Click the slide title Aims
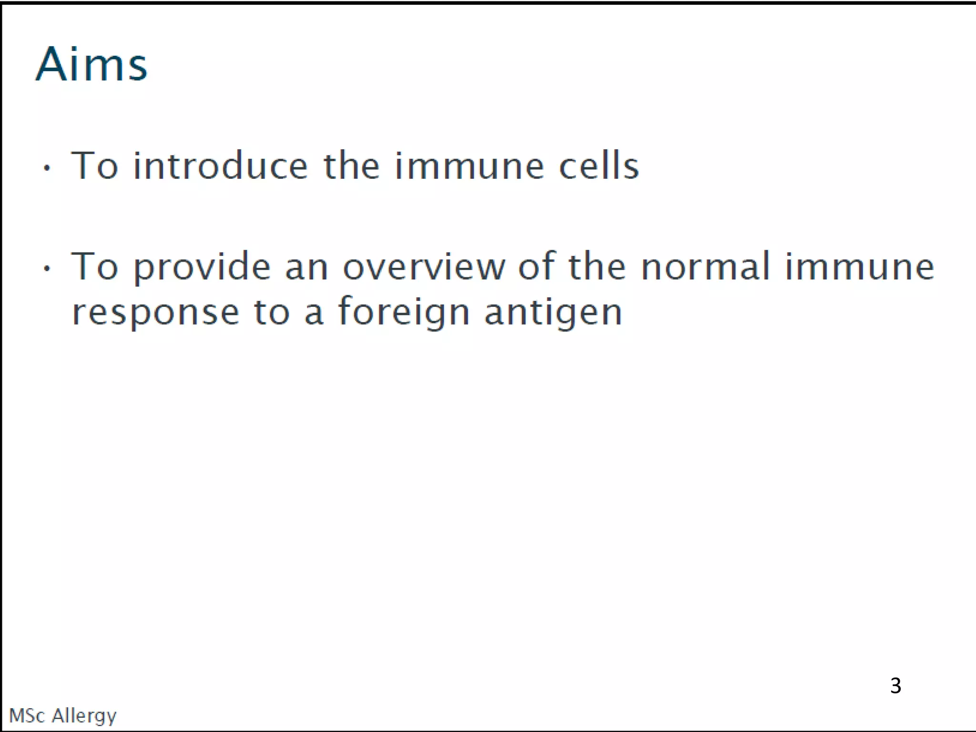(91, 65)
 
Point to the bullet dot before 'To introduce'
(46, 168)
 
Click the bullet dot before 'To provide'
(46, 268)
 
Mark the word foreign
(404, 312)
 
